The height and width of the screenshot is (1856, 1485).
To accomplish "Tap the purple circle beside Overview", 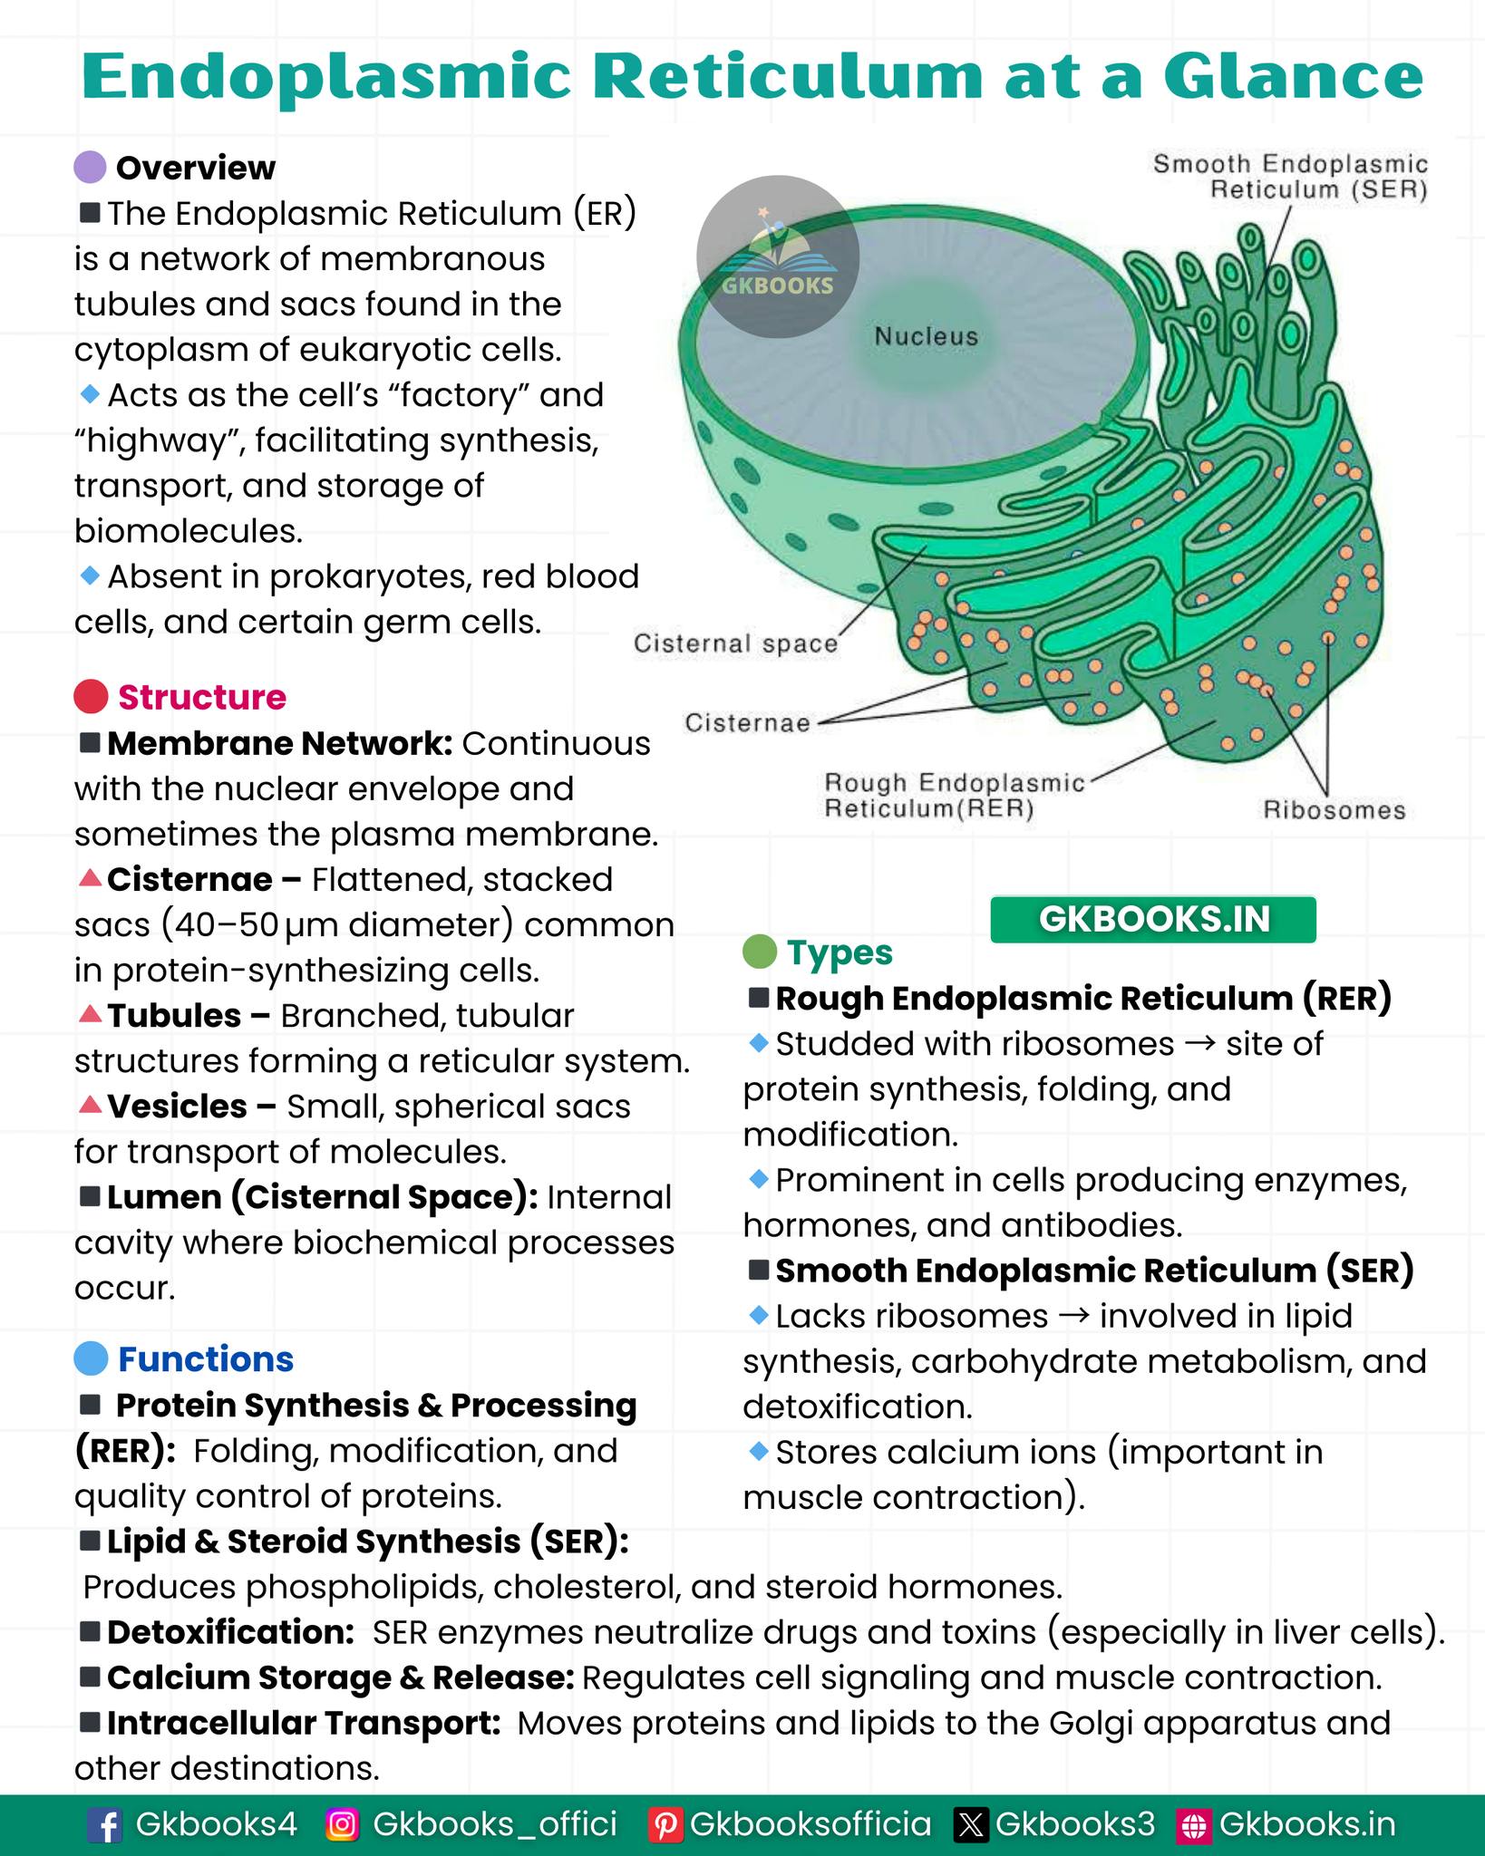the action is click(x=91, y=168).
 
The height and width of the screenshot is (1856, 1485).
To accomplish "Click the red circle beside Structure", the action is click(x=91, y=697).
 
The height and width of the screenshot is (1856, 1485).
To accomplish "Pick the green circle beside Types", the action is click(x=760, y=952).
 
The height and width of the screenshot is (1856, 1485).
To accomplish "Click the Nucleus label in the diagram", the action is click(x=927, y=336).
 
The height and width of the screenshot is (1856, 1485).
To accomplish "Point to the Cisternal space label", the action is click(x=735, y=643).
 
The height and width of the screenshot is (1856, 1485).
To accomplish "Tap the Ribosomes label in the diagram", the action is click(x=1335, y=810).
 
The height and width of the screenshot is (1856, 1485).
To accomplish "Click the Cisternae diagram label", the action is click(x=747, y=722).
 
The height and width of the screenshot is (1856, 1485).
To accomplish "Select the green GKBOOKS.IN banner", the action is click(x=1153, y=919).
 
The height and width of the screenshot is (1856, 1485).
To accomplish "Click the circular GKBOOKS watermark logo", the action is click(x=778, y=256).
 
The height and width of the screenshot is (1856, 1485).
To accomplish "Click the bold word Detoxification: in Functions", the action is click(x=230, y=1632).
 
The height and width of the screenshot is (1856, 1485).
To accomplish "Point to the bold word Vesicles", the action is click(x=177, y=1107).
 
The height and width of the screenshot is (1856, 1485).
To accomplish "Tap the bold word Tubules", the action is click(x=174, y=1016).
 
